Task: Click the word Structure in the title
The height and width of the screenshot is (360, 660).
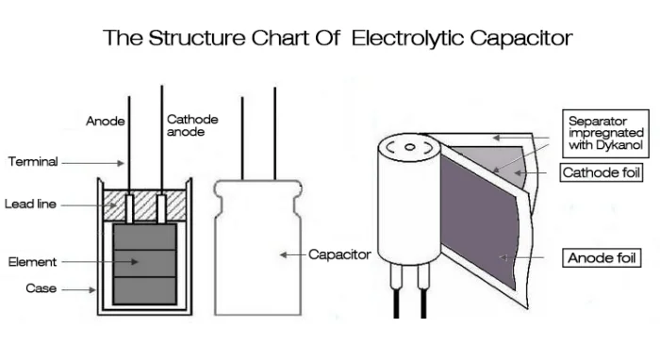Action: [x=198, y=39]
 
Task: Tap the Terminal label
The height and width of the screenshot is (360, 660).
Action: [x=33, y=162]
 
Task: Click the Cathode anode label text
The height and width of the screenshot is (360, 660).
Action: [x=192, y=125]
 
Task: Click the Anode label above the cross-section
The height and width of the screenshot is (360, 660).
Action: [x=105, y=121]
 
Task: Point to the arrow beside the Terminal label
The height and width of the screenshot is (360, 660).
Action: [x=93, y=162]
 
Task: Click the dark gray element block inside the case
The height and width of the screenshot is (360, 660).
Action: [x=145, y=263]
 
